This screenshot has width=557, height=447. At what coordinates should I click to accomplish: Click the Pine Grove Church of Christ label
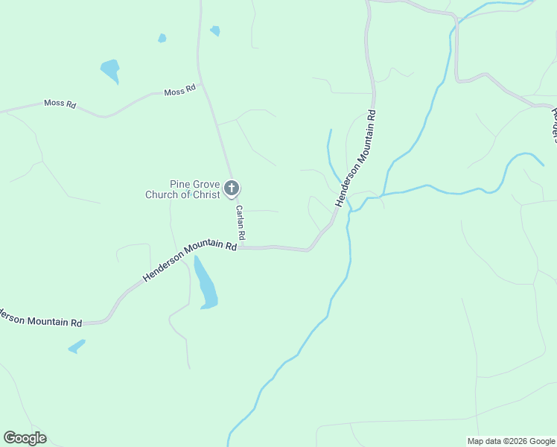(x=183, y=190)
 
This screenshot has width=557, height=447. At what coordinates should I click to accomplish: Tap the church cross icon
(x=232, y=188)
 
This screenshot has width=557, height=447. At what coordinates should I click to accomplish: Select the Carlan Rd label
(x=241, y=223)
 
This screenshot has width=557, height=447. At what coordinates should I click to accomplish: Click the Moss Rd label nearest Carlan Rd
(x=179, y=90)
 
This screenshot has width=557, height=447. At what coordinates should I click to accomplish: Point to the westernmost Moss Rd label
(x=60, y=104)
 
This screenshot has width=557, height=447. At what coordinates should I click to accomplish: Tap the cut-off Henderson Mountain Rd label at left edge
(x=41, y=318)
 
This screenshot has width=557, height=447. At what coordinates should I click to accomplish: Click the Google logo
(x=25, y=438)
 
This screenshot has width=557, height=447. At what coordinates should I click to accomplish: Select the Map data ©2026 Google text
(x=511, y=441)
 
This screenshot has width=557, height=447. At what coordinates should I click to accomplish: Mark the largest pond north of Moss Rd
(x=110, y=71)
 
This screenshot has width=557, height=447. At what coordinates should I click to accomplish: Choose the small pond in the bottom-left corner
(x=77, y=346)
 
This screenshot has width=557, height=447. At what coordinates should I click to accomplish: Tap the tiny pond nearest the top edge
(x=215, y=31)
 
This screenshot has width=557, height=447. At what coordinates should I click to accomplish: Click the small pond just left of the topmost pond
(x=162, y=38)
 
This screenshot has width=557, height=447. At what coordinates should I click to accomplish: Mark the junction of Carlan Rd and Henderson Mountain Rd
(x=243, y=247)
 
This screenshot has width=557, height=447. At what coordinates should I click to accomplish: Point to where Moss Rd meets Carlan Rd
(x=202, y=87)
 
